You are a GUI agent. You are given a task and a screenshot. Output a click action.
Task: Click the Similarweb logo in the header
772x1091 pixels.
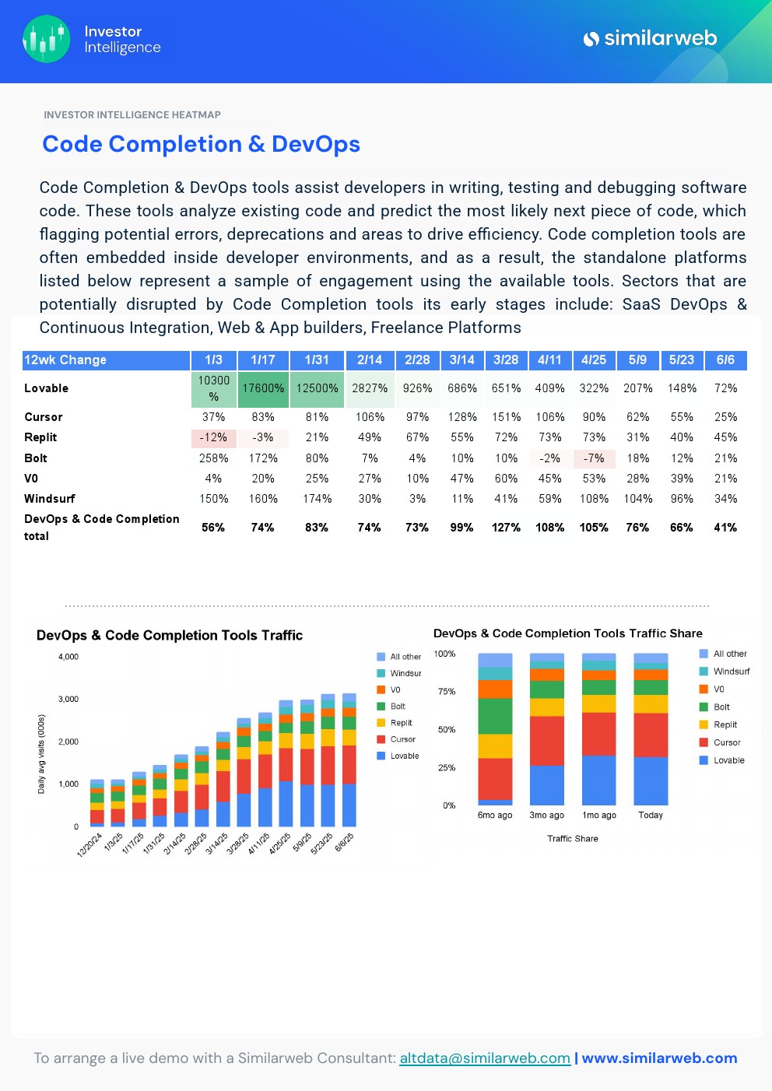(x=650, y=38)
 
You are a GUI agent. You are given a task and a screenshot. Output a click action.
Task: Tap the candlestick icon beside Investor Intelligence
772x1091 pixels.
(x=47, y=39)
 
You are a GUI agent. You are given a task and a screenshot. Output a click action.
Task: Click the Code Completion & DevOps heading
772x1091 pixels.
(x=201, y=144)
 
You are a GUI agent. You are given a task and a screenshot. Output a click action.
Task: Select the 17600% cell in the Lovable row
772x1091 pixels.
(x=263, y=388)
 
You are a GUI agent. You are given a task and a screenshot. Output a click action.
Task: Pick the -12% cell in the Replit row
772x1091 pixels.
(x=213, y=437)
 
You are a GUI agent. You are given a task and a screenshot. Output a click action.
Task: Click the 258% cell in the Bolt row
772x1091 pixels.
(x=213, y=458)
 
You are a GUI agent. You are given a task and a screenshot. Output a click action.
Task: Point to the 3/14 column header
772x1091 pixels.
(x=461, y=360)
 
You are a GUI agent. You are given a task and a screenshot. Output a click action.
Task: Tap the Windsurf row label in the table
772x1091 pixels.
(x=50, y=499)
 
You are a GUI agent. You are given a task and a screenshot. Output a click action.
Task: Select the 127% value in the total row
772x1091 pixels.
(x=506, y=528)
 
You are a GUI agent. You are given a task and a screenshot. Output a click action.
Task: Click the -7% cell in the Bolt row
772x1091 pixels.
(x=594, y=458)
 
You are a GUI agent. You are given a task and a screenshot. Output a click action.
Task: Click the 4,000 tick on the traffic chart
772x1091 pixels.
(x=68, y=657)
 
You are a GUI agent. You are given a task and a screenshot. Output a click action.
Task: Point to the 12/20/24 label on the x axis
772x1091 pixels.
(x=89, y=844)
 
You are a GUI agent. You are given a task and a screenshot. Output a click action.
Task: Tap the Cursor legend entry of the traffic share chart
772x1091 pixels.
(x=727, y=742)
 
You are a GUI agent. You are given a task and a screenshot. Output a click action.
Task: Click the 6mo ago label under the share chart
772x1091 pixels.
(x=495, y=816)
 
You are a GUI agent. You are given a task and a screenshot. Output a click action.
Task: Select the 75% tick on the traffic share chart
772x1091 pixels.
(x=447, y=692)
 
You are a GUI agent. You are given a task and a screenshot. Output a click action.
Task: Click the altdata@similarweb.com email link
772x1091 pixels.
(x=485, y=1058)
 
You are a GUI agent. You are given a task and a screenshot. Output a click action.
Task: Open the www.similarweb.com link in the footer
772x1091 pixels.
(x=659, y=1058)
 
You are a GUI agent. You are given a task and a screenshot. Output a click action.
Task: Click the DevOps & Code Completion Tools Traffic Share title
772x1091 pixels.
(x=567, y=633)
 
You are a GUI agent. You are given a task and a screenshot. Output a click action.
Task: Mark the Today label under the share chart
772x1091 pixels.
(x=651, y=816)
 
